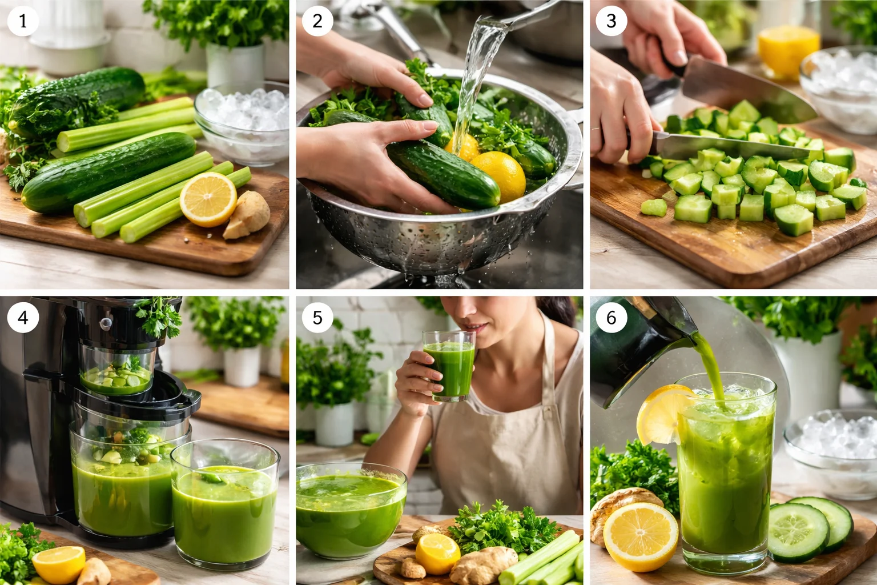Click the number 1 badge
[x=23, y=21]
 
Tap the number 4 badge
[x=23, y=318]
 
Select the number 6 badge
[x=611, y=318]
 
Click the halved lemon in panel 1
[x=208, y=199]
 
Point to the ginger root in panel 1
[x=247, y=215]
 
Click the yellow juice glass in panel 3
[x=788, y=51]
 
